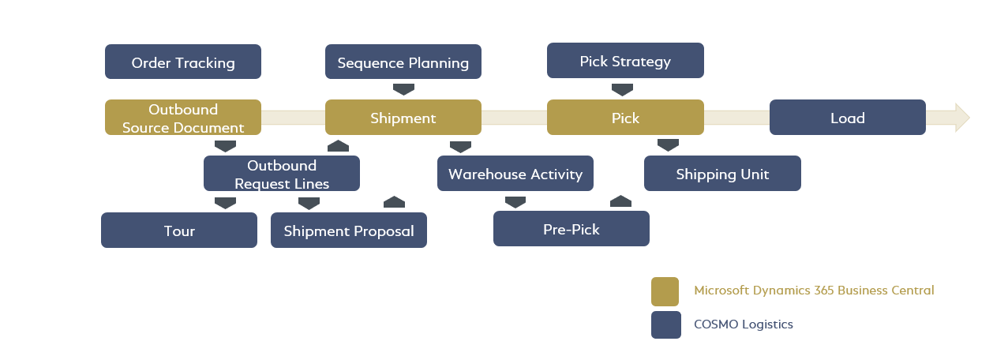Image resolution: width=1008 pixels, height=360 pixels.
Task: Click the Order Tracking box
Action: pos(183,62)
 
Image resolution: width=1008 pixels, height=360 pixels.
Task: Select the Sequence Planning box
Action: pos(403,62)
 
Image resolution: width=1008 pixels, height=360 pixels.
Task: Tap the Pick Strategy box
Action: pos(624,61)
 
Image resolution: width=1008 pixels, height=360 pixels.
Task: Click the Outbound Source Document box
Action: pos(183,118)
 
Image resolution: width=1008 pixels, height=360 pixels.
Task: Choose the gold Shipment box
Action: pos(403,118)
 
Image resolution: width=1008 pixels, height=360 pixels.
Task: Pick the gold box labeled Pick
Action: pos(624,118)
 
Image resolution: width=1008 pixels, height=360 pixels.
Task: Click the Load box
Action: pos(847,118)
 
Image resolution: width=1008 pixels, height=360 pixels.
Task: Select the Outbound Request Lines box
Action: pos(281,174)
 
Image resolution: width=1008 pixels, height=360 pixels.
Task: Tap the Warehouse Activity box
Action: pos(515,174)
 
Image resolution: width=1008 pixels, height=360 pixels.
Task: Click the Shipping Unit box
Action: pos(722,174)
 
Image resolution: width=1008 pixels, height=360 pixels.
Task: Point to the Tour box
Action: pos(179,231)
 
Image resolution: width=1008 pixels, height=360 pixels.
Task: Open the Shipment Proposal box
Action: pos(348,231)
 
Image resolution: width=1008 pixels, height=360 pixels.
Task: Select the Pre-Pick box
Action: pos(571,229)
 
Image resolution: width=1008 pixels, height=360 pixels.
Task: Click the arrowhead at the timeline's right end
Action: pos(961,118)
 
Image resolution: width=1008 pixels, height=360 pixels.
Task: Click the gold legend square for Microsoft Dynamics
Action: pos(665,291)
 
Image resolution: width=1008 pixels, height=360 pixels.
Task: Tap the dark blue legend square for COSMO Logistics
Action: pos(665,324)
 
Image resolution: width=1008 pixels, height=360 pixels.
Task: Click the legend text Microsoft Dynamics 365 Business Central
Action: pos(814,291)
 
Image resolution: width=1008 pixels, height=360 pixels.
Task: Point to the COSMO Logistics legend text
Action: pos(743,324)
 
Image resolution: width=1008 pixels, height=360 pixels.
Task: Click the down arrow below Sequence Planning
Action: pos(403,89)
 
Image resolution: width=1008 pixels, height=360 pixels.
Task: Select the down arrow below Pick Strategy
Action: pos(622,89)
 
